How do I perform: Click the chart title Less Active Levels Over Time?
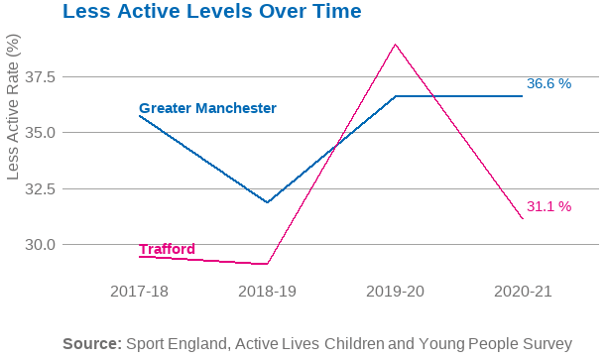coord(211,13)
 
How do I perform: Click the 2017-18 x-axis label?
coord(139,292)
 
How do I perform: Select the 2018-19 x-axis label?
coord(267,292)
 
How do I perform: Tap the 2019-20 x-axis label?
coord(395,292)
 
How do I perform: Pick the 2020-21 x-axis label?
coord(523,292)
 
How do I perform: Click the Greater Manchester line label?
coord(207,107)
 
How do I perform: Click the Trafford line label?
coord(167,249)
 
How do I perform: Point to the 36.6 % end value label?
coord(548,84)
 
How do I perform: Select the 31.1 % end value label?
coord(548,206)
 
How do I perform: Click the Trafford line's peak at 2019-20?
coord(395,45)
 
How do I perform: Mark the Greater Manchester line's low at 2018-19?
coord(267,202)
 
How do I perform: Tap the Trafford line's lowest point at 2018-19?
coord(267,264)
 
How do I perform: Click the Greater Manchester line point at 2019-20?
coord(395,96)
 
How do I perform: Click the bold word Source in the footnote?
coord(91,343)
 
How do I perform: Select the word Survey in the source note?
coord(546,343)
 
